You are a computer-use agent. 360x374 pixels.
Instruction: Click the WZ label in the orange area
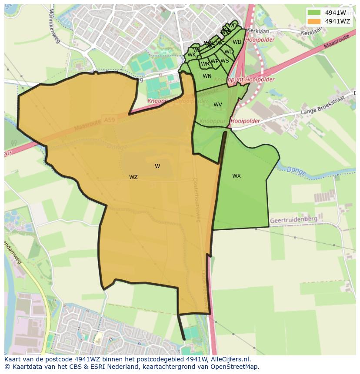pos(133,177)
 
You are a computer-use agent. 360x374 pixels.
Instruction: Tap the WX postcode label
pos(236,176)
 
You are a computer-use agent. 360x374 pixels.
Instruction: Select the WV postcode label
pos(217,105)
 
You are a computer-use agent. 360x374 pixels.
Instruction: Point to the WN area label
pos(207,76)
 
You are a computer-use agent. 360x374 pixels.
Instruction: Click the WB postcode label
pos(237,42)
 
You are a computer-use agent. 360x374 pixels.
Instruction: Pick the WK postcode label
pos(191,55)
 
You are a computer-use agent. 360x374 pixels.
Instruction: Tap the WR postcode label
pos(205,64)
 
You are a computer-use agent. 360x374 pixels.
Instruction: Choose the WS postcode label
pos(224,61)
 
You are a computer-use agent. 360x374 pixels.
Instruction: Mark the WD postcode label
pos(233,26)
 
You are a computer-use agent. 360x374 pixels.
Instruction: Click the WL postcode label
pos(228,52)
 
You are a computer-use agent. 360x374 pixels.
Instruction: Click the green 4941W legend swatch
pos(314,12)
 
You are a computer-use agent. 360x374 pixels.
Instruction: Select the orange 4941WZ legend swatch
pos(314,21)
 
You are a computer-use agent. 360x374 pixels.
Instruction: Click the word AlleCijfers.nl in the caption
pos(231,359)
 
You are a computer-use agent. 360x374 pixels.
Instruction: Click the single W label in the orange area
pos(157,166)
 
